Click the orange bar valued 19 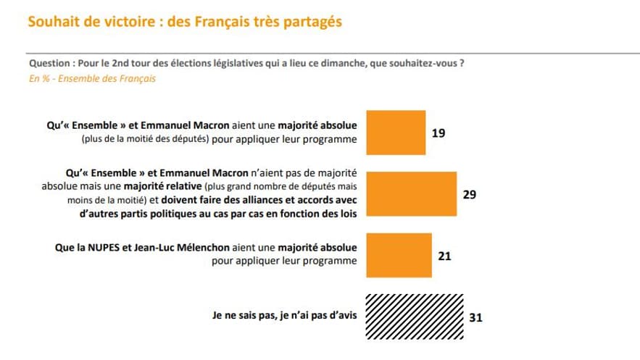coord(396,133)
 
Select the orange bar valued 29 coord(412,194)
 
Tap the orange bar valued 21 coord(399,254)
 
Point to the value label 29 coord(469,194)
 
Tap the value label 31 coord(476,317)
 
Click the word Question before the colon coord(50,63)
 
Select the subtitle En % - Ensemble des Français coord(92,78)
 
